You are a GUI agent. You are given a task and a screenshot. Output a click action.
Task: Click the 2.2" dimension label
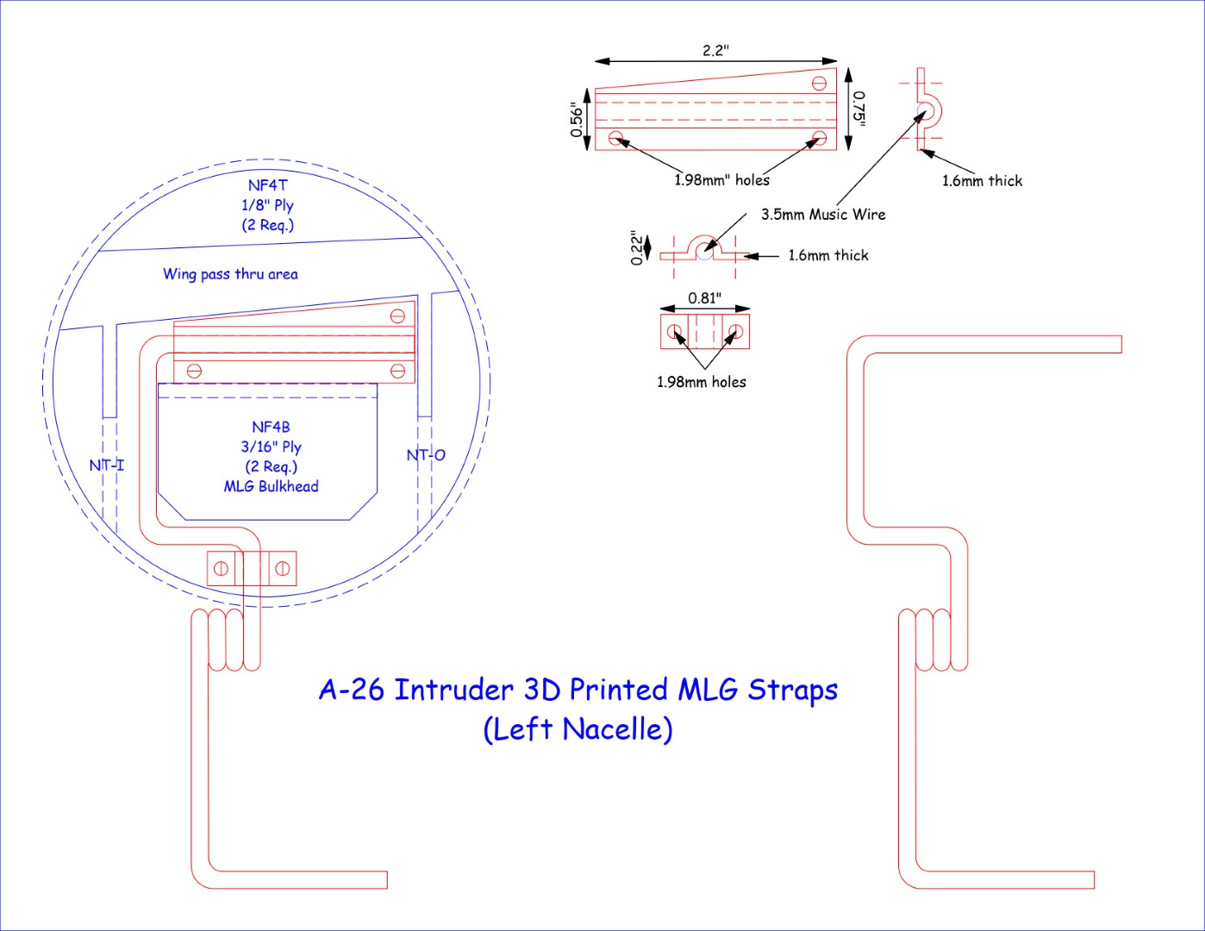tap(715, 50)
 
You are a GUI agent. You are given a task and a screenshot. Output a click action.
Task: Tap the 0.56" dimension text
tap(577, 120)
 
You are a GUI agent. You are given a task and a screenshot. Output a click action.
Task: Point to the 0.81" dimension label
tap(704, 298)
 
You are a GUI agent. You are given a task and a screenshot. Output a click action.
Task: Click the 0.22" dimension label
tap(637, 247)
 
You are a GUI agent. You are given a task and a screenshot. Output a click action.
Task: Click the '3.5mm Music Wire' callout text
tap(822, 215)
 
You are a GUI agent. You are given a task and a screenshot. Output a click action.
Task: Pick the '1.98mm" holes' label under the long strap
tap(721, 180)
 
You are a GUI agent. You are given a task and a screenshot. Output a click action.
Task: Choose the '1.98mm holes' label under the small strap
tap(701, 382)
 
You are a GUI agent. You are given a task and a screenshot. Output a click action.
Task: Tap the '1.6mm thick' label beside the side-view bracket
tap(982, 181)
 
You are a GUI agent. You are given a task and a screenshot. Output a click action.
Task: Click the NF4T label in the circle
tap(267, 185)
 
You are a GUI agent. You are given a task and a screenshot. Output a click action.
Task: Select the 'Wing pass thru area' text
tap(230, 274)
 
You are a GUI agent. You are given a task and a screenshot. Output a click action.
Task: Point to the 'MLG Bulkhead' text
tap(271, 487)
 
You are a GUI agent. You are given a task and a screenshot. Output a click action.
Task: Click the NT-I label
tap(107, 465)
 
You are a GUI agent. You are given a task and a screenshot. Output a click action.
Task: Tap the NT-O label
tap(426, 455)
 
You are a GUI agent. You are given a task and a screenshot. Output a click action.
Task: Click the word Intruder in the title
tap(453, 690)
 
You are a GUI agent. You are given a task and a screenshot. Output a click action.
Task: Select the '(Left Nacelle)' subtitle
tap(578, 729)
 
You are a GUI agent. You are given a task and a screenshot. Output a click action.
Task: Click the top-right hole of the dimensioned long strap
tap(819, 84)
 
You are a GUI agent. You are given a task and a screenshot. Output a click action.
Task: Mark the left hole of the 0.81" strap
tap(675, 332)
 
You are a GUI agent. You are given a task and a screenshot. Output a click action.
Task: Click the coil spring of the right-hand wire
tap(933, 640)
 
